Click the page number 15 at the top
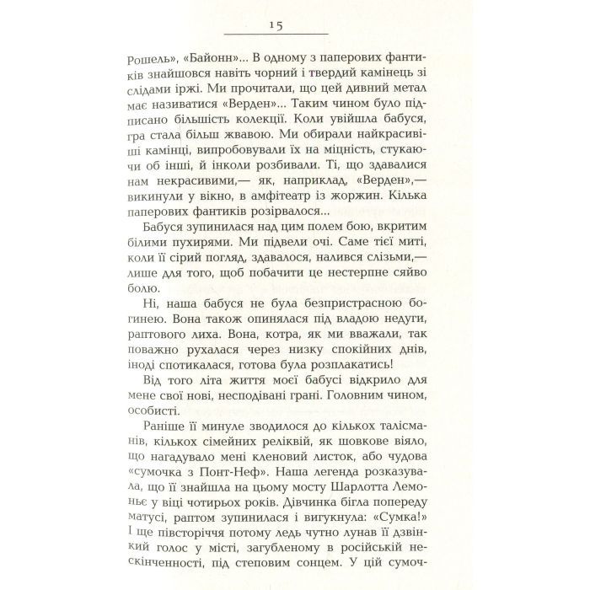277,26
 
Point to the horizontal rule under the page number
277,35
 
